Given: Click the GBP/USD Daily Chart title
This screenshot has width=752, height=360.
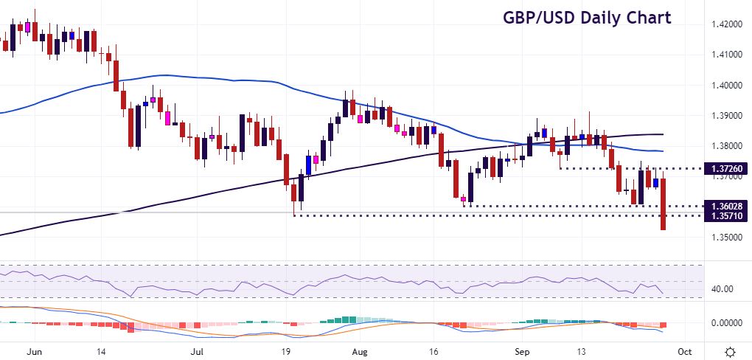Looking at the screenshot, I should pyautogui.click(x=587, y=18).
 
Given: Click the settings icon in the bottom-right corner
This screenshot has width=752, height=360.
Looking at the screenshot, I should pyautogui.click(x=729, y=351).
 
